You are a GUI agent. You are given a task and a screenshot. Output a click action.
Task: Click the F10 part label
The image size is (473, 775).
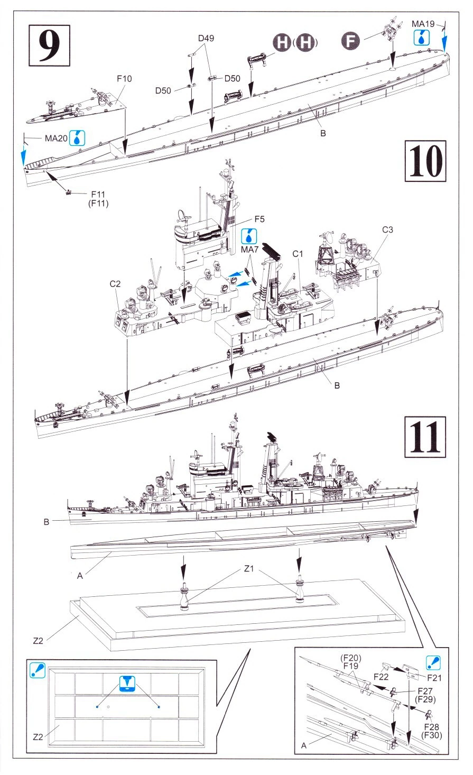coord(124,79)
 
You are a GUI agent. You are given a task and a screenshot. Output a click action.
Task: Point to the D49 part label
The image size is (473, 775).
coord(206,38)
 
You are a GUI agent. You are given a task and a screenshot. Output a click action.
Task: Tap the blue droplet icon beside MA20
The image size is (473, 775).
coord(79,139)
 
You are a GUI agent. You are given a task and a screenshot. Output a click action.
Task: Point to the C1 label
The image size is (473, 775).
coord(299,254)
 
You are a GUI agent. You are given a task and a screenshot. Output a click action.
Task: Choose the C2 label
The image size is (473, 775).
coord(116,284)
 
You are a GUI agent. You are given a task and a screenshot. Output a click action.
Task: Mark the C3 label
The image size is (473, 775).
coord(388,230)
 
